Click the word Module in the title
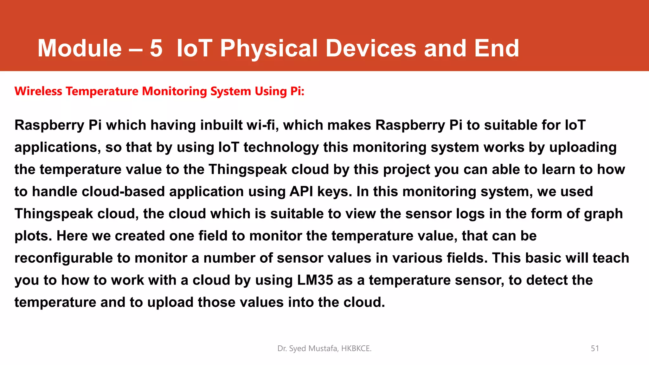[x=80, y=48]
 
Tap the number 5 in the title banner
[x=156, y=48]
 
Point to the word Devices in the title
[x=371, y=48]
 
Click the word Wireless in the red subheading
[x=38, y=91]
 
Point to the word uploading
[x=583, y=148]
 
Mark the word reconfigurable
[x=64, y=258]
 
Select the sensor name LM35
[x=315, y=280]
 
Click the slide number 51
[x=595, y=349]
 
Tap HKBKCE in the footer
[x=356, y=349]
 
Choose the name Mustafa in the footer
[x=324, y=349]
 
